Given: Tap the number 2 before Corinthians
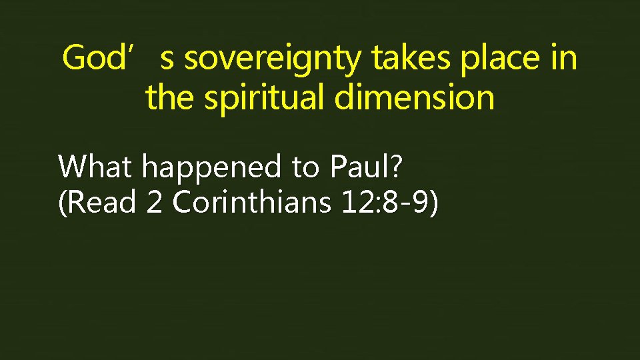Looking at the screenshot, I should pos(154,202).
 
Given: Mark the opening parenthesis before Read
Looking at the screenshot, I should pos(63,203).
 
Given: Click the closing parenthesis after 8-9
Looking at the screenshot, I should pos(434,203).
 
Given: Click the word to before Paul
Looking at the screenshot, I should pos(305,167).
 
